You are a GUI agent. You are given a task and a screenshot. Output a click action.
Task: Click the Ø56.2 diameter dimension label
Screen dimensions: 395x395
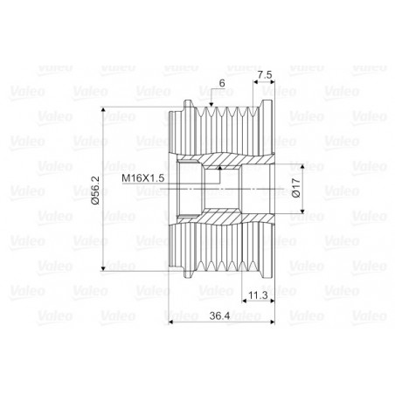point(95,190)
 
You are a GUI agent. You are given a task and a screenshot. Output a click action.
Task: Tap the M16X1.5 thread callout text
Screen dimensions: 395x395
point(142,177)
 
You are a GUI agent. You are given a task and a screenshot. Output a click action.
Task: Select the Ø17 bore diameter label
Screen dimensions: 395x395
point(295,188)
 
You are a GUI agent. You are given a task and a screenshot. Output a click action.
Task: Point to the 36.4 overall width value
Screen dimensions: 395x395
point(219,315)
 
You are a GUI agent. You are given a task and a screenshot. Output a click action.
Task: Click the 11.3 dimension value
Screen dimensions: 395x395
point(258,295)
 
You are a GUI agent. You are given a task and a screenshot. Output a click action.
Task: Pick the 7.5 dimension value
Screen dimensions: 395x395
point(265,75)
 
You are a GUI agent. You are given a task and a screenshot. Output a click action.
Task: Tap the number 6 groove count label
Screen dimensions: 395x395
point(222,83)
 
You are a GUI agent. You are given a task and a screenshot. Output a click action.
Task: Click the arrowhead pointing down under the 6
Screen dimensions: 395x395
point(211,104)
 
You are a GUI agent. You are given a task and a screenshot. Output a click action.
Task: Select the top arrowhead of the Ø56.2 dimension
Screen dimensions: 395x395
point(102,110)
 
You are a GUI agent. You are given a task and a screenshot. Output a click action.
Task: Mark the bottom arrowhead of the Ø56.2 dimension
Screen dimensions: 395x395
point(102,268)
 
